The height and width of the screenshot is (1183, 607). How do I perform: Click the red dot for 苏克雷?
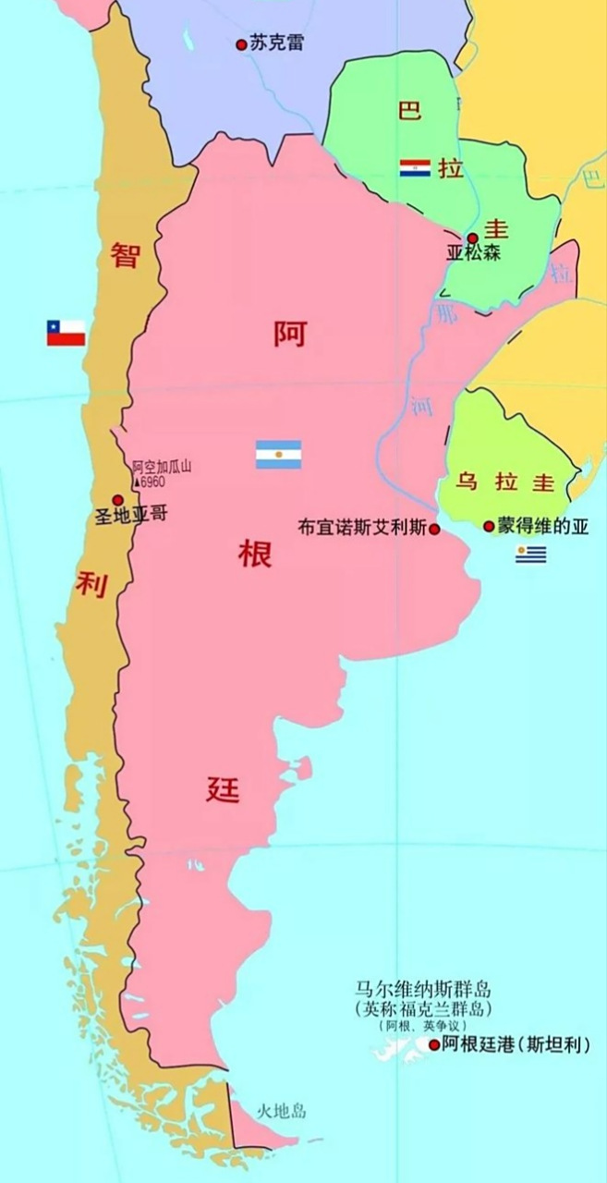(x=242, y=43)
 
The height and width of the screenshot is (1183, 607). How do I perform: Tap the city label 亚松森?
(x=473, y=253)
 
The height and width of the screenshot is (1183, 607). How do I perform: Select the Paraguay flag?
(x=415, y=168)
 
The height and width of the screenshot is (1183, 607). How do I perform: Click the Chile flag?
(x=67, y=333)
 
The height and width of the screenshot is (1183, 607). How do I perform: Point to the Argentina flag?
(x=278, y=455)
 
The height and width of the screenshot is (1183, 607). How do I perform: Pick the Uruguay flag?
(x=530, y=555)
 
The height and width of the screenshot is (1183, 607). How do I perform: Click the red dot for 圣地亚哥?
(x=117, y=500)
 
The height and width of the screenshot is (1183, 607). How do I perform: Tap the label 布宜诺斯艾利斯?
(x=362, y=529)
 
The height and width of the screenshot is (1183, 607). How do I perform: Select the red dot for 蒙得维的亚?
(x=489, y=526)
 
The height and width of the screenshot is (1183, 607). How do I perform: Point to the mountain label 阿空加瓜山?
(x=161, y=468)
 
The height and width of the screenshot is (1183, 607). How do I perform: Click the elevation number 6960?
(x=152, y=482)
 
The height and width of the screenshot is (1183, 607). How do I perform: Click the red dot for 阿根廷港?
(x=433, y=1045)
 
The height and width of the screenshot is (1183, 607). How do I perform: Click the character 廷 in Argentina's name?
(x=223, y=790)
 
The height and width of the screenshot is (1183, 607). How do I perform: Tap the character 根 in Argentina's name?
(x=255, y=555)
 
